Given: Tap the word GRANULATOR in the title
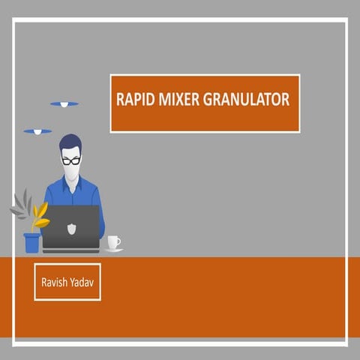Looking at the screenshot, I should pyautogui.click(x=245, y=100).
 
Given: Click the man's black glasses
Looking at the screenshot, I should pyautogui.click(x=71, y=160).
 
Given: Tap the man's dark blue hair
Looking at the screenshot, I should pyautogui.click(x=70, y=142).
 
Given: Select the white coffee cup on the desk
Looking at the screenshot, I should pyautogui.click(x=112, y=241).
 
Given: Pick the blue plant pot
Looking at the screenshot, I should pyautogui.click(x=31, y=242).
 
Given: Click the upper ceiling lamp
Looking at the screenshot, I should pyautogui.click(x=64, y=103).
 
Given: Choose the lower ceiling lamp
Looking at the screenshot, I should pyautogui.click(x=37, y=132).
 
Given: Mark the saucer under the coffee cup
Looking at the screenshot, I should pyautogui.click(x=113, y=249).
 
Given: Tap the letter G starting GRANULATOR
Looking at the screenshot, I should pyautogui.click(x=207, y=100).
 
